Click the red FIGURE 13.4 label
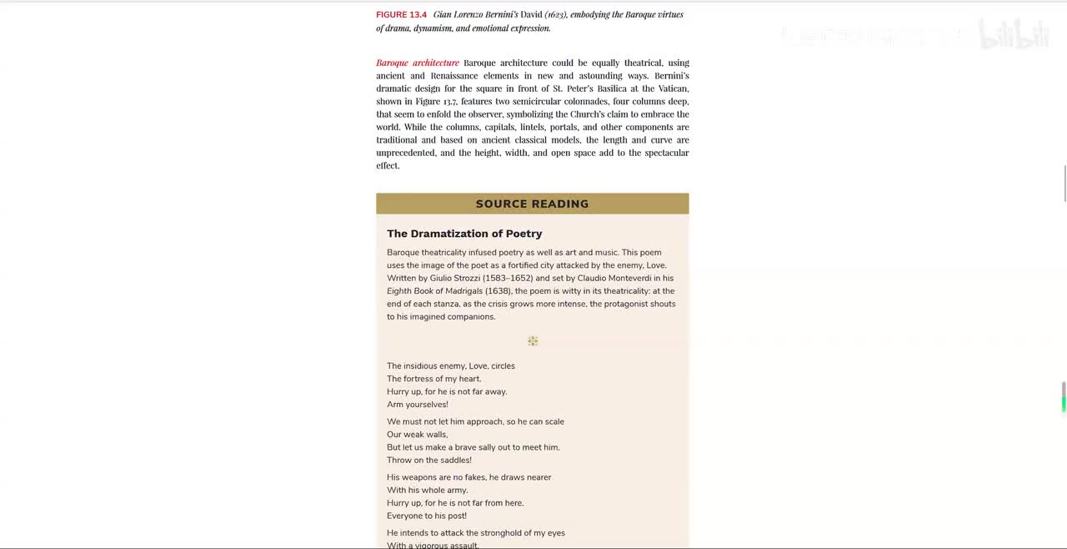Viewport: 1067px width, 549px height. [x=401, y=15]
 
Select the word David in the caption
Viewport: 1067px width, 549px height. [x=531, y=15]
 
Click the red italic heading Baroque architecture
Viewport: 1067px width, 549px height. [x=417, y=63]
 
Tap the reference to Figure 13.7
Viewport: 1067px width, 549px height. [x=436, y=101]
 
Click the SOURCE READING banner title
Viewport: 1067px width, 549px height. [x=532, y=204]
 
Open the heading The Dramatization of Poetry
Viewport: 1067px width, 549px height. [x=464, y=234]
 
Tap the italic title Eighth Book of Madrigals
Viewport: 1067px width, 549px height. [x=434, y=291]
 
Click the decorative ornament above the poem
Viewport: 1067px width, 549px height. [x=533, y=341]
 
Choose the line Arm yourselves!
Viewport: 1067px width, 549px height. [x=418, y=405]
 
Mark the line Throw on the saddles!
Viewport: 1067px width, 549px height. [x=429, y=461]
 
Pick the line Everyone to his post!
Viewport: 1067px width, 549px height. [x=427, y=516]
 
